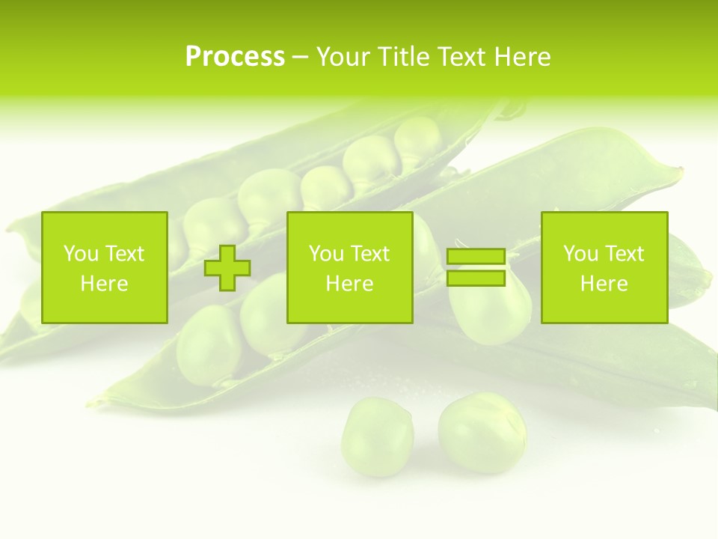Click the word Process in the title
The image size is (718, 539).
[235, 57]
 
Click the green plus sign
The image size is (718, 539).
[227, 268]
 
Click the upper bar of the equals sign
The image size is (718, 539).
[476, 257]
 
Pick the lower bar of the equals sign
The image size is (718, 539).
[476, 278]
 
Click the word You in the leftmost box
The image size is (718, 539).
[81, 254]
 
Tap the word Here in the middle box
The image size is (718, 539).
[350, 284]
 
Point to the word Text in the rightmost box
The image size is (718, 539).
[624, 254]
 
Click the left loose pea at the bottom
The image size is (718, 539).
[377, 436]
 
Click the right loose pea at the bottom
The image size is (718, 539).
[482, 432]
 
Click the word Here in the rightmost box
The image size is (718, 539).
[604, 284]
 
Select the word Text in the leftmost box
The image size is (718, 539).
[124, 254]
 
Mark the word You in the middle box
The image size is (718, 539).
[326, 254]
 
